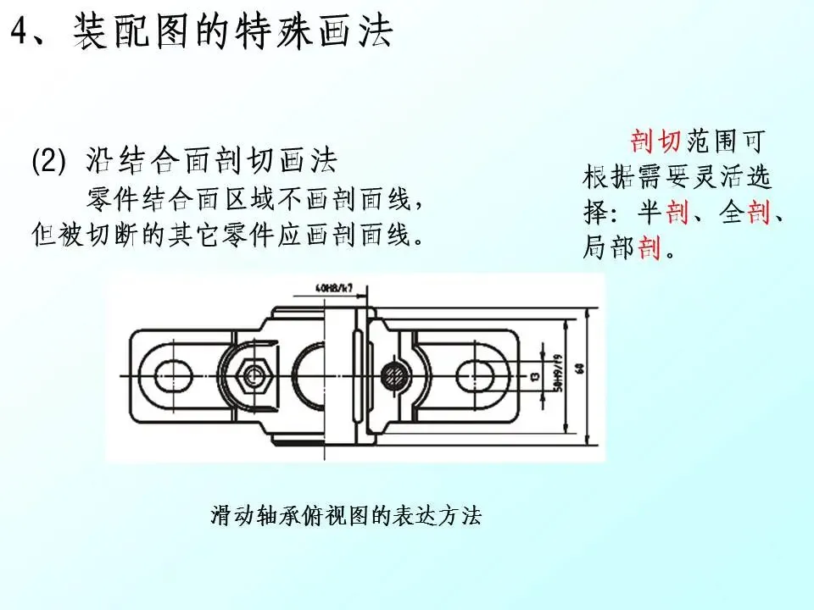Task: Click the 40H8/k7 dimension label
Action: pyautogui.click(x=333, y=287)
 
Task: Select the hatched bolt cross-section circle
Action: pyautogui.click(x=393, y=373)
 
